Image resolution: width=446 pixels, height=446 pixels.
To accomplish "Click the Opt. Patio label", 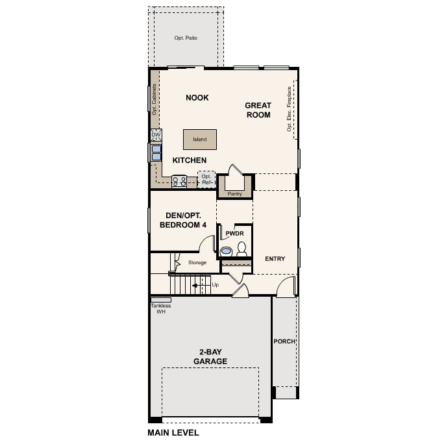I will [186, 38].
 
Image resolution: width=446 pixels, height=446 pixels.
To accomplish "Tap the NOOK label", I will [197, 98].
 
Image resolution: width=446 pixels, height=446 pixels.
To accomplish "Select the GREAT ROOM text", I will [258, 110].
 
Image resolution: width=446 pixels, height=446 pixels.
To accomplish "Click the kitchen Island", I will [199, 140].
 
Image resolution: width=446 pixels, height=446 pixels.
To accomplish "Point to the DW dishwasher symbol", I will [156, 135].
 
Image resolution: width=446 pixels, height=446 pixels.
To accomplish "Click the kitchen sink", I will [156, 152].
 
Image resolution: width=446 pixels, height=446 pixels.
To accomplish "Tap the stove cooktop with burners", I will [179, 181].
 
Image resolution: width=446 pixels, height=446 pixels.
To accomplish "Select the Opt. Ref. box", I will [206, 179].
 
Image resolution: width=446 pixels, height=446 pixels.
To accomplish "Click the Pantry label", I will [234, 193].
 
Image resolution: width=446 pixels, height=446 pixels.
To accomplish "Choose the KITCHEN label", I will [190, 160].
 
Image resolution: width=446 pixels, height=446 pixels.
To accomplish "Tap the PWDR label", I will [234, 234].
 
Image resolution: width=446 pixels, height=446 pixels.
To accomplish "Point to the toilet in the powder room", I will [242, 249].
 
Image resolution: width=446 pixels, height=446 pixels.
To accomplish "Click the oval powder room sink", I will [227, 251].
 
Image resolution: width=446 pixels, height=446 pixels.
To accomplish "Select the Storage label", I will [197, 263].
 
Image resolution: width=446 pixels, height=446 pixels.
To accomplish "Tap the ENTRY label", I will [275, 259].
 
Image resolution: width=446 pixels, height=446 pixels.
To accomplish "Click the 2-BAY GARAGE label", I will [210, 356].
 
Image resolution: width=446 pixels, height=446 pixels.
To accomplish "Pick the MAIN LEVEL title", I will [173, 432].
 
